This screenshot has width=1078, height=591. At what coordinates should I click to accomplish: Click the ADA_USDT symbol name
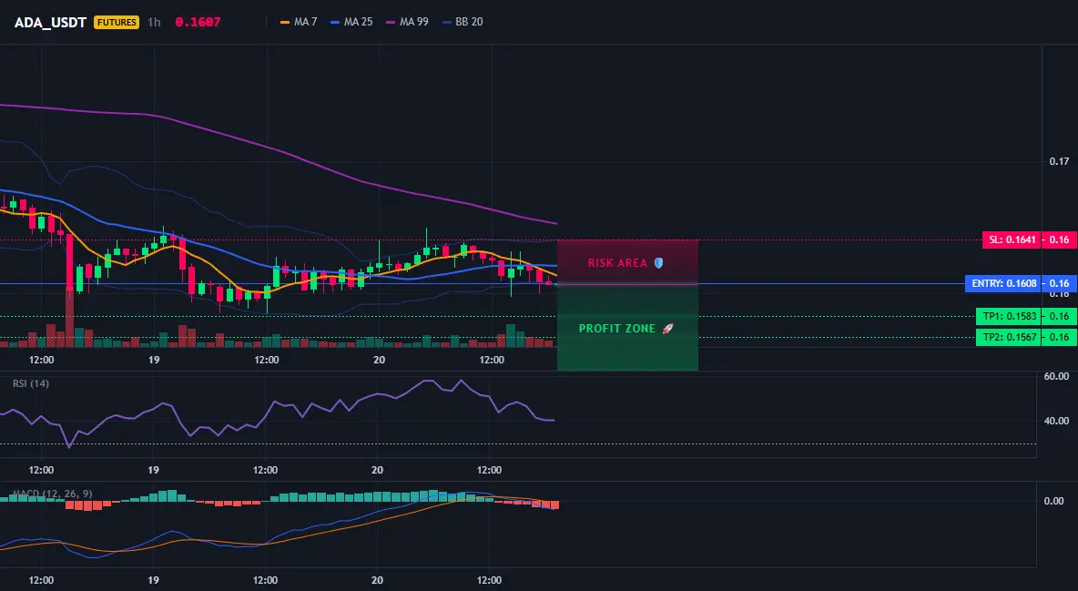50,22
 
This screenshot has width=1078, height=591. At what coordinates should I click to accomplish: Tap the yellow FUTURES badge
117,22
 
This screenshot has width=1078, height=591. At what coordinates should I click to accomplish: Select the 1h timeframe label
154,22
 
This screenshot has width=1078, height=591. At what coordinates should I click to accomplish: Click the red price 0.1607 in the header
198,22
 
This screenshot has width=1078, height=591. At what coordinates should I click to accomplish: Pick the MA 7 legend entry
299,22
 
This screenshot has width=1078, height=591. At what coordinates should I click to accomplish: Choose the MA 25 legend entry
352,22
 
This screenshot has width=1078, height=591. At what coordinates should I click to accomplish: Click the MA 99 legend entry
408,22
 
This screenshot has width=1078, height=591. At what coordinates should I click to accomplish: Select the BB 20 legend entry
463,22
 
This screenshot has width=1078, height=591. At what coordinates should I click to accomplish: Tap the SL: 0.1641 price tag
1011,240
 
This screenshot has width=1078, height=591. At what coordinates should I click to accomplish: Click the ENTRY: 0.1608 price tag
1002,283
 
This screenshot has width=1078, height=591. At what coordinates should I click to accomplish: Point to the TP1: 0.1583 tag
1007,317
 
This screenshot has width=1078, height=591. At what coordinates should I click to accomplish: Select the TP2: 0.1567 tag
1007,337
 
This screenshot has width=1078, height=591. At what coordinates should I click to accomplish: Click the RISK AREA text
617,263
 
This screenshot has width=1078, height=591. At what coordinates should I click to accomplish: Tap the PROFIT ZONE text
617,329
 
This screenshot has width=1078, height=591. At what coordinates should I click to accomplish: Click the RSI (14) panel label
31,383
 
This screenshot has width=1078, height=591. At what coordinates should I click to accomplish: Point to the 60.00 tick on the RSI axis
1056,376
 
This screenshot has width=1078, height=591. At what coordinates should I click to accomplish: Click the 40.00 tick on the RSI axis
1056,421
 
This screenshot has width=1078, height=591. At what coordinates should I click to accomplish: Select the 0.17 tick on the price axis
1060,162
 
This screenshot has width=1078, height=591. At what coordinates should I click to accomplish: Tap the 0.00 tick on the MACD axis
1054,501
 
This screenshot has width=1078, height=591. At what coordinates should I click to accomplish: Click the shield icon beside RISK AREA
658,263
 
